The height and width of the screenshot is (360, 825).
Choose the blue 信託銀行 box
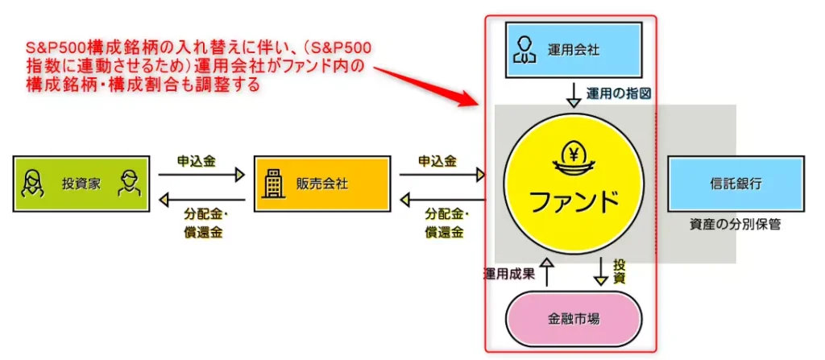736,184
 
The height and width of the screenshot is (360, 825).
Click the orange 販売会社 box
320,184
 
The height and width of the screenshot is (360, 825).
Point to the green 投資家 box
81,184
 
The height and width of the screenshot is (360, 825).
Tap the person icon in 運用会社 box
524,50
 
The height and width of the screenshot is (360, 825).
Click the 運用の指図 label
618,94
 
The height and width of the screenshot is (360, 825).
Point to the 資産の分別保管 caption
735,225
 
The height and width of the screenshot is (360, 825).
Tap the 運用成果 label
509,272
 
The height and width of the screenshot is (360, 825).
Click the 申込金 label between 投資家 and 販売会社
197,160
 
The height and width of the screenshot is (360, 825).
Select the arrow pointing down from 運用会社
574,94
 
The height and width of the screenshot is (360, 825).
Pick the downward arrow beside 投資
600,271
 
